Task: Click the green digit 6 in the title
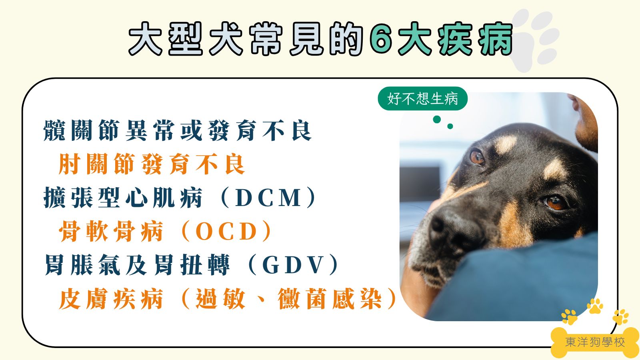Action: [381, 39]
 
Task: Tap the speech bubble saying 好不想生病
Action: [422, 98]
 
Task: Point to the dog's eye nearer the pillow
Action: [555, 202]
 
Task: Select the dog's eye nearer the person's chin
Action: [477, 157]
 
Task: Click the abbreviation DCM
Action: [268, 198]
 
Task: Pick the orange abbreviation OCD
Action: [226, 232]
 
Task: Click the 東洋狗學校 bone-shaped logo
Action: [595, 342]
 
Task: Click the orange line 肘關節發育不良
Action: [152, 164]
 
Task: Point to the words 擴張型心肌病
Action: [123, 198]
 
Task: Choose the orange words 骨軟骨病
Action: [111, 232]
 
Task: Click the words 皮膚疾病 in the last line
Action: [111, 299]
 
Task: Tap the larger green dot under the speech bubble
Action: [437, 119]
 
